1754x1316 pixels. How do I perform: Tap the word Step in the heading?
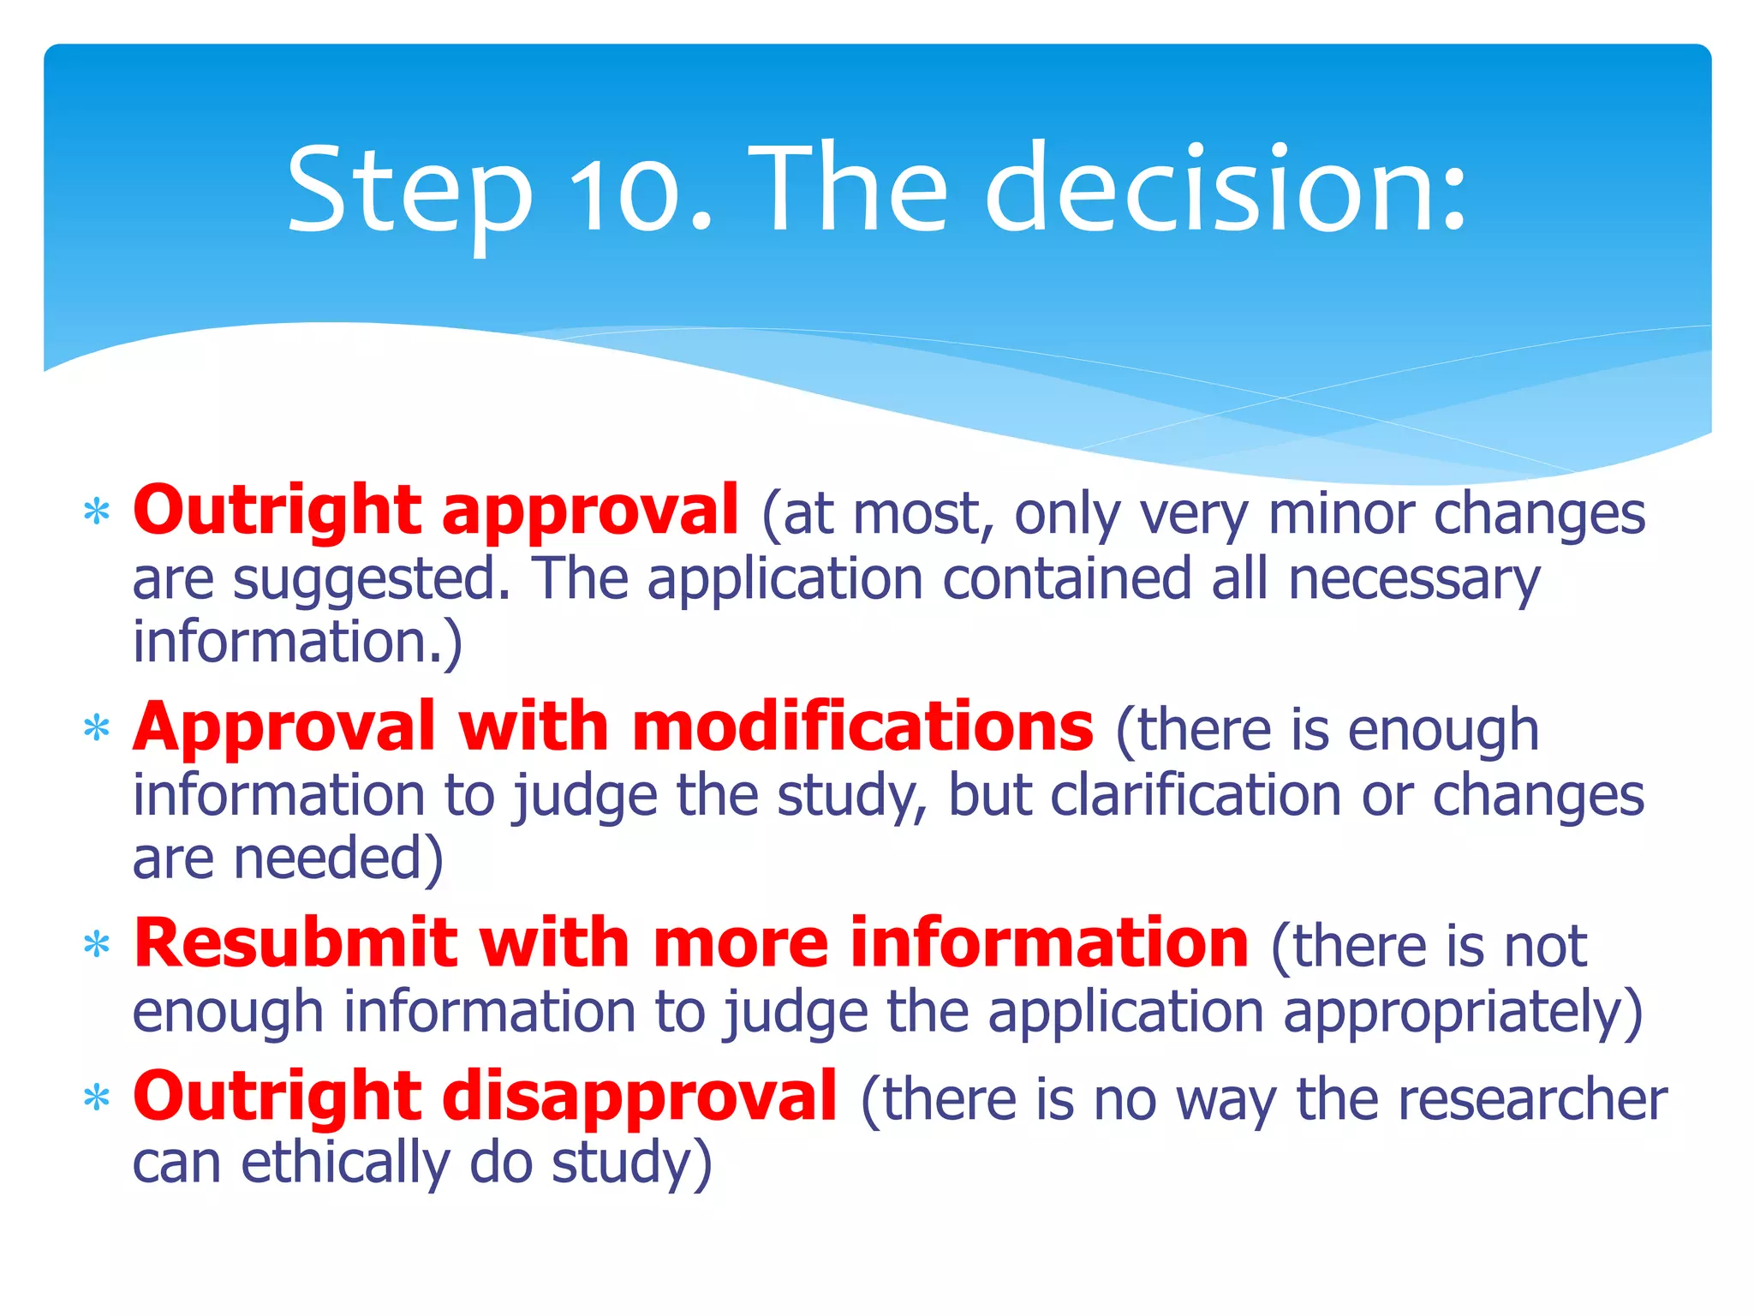tap(409, 190)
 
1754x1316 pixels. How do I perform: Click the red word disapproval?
tap(640, 1097)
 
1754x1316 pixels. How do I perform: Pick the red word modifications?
tap(862, 727)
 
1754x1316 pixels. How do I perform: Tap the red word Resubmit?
tap(295, 943)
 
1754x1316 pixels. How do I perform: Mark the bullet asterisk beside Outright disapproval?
tap(97, 1098)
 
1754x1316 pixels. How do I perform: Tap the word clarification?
tap(1196, 795)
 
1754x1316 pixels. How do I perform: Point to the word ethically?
tap(344, 1163)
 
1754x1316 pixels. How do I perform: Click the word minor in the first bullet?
tap(1341, 514)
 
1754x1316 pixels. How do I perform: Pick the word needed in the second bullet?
tap(338, 858)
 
